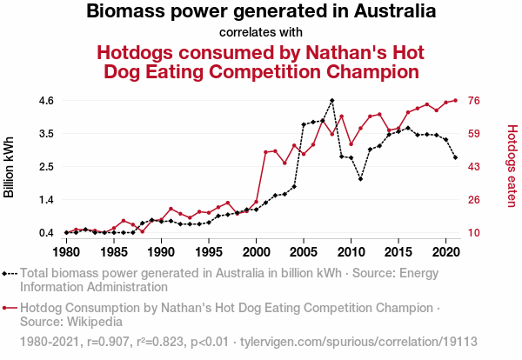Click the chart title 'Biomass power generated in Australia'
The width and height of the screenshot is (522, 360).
click(261, 13)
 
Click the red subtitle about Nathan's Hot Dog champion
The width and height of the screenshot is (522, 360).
click(261, 61)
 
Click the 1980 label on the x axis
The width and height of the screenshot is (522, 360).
click(66, 251)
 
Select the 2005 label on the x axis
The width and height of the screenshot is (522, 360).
click(303, 251)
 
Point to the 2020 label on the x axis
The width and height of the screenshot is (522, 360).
click(445, 251)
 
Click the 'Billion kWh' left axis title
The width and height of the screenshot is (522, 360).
click(10, 167)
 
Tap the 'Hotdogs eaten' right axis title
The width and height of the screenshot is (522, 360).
click(512, 167)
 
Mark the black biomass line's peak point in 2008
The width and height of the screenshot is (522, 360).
click(331, 100)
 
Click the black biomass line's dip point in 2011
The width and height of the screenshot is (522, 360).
click(360, 179)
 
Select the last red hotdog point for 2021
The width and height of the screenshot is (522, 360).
click(455, 100)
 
